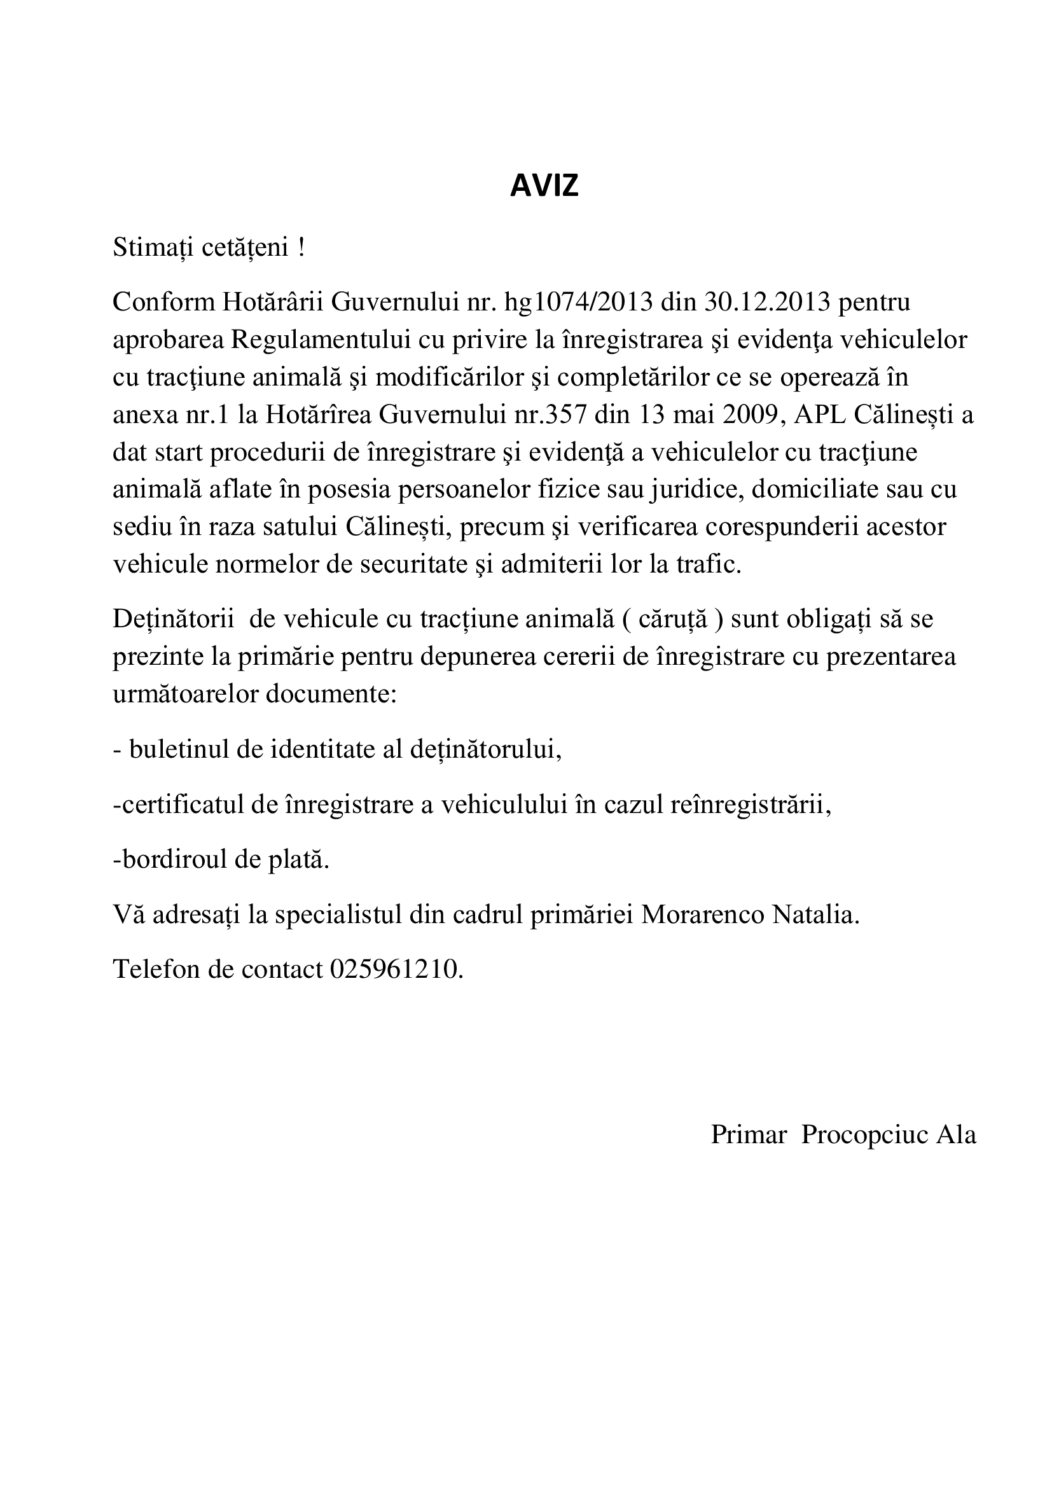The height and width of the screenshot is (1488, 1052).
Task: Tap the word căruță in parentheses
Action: (673, 619)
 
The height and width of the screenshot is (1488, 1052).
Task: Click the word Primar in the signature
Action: (748, 1135)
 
